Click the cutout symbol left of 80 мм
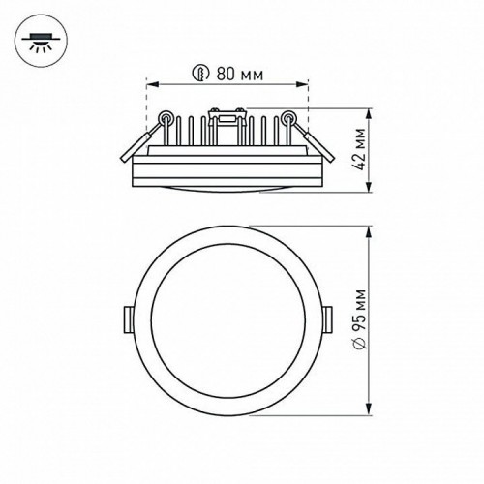200,72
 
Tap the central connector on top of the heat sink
225,121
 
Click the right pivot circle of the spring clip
286,120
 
